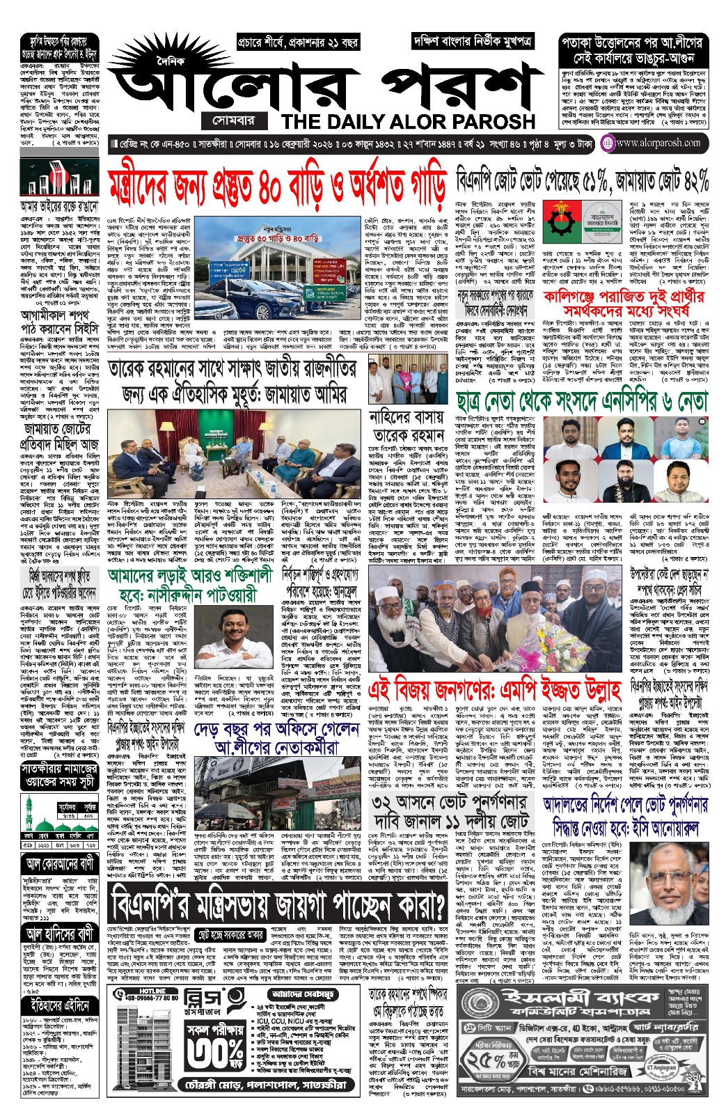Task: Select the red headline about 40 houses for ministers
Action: tap(277, 185)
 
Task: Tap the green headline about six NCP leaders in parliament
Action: tap(582, 402)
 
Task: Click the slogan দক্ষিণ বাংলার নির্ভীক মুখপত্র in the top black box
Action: tap(473, 41)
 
